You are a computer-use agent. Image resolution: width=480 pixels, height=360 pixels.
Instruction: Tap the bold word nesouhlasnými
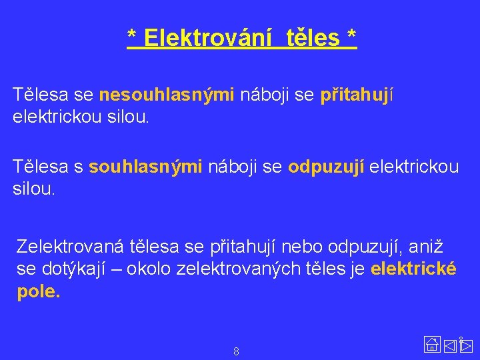click(167, 95)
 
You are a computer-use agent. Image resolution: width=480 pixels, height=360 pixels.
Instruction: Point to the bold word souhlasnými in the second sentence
click(145, 167)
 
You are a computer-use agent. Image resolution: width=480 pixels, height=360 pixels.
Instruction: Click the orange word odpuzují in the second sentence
click(326, 167)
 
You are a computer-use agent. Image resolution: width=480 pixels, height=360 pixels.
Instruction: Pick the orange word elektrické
click(413, 269)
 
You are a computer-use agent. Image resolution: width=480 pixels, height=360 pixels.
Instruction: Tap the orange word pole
click(38, 292)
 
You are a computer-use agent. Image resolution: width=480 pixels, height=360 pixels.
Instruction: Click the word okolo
click(150, 269)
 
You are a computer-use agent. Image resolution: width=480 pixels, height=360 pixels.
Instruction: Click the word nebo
click(302, 247)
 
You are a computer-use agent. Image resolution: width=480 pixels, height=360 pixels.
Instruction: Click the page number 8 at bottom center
click(236, 351)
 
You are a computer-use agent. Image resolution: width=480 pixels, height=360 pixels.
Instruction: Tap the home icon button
click(432, 345)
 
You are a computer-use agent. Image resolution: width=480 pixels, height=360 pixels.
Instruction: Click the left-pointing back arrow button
click(450, 345)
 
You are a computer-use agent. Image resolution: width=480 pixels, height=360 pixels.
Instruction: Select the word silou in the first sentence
click(129, 118)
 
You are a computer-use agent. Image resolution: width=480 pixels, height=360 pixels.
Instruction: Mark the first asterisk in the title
click(132, 39)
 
